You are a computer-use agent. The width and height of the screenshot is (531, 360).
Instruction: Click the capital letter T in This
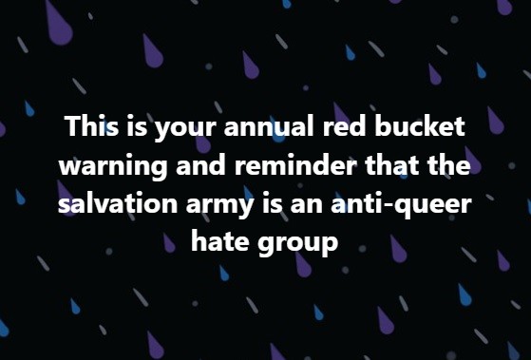[72, 127]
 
